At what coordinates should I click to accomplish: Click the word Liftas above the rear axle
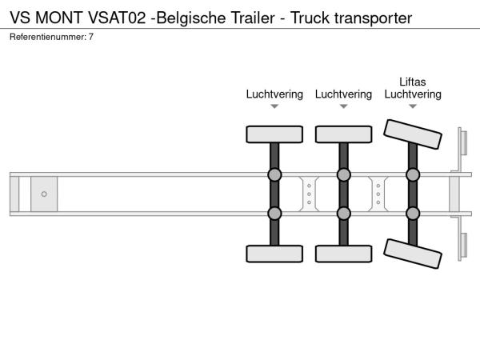coord(413,81)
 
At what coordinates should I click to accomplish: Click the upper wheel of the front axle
coord(274,134)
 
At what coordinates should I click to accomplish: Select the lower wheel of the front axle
coord(274,254)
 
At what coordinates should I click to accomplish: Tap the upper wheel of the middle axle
coord(343,134)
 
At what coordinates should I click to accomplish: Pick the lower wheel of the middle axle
coord(343,254)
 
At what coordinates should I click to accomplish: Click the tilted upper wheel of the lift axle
coord(413,134)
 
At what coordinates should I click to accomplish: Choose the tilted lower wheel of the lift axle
coord(413,254)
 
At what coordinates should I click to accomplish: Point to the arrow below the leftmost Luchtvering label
coord(274,106)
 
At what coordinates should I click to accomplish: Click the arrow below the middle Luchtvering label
coord(343,106)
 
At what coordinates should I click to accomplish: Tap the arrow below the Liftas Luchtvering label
coord(413,106)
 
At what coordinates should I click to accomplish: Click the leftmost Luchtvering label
coord(274,94)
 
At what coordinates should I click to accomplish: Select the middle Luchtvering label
coord(343,94)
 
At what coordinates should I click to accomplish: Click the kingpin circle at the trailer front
coord(44,194)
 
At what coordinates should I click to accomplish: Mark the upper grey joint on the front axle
coord(274,174)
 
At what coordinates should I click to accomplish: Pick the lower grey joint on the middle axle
coord(343,213)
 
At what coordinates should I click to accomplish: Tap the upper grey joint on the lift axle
coord(413,174)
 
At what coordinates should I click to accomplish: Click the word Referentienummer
coord(44,37)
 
